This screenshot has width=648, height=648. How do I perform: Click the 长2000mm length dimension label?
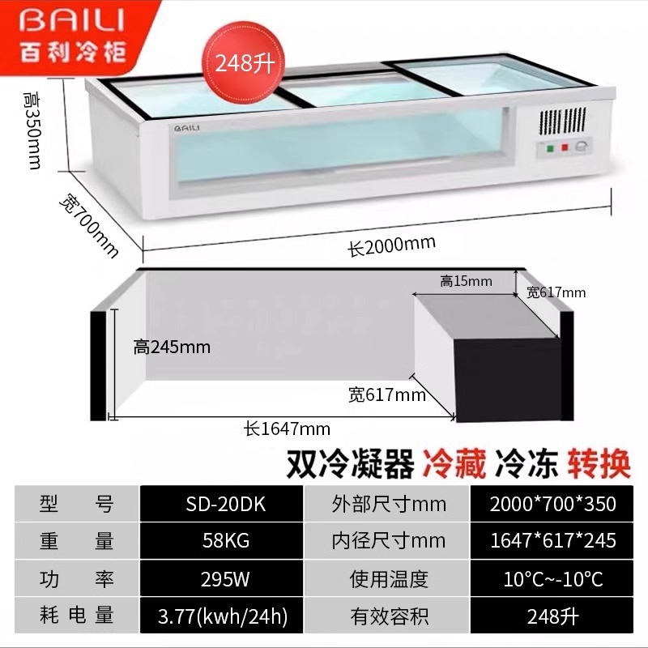point(392,245)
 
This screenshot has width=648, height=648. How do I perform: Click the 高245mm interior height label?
point(172,347)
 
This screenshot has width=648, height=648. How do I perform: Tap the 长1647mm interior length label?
point(288,428)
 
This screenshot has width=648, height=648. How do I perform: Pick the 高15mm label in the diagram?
point(466,281)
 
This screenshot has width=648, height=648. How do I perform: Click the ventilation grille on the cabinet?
point(565,122)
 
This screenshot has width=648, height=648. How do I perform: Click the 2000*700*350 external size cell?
point(552,504)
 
